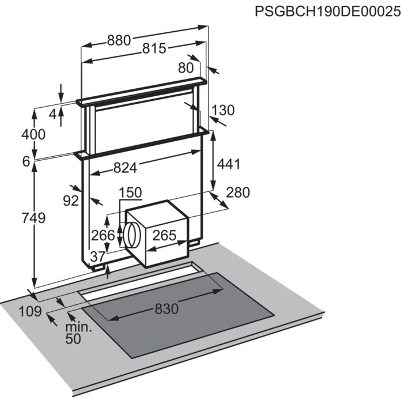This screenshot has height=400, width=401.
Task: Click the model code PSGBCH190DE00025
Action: (x=328, y=12)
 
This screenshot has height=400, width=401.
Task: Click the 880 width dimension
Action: (x=119, y=40)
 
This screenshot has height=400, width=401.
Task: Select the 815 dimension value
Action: (x=154, y=48)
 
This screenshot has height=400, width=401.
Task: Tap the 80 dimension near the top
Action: (x=186, y=68)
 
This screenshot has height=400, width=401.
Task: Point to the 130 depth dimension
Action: (x=223, y=110)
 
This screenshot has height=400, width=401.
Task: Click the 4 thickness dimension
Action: (x=52, y=114)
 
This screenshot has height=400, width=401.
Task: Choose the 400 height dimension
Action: (x=33, y=134)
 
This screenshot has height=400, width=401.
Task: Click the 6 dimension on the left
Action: (x=27, y=161)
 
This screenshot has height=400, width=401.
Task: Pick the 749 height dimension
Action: (x=33, y=218)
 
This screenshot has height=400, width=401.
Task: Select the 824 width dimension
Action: (x=126, y=168)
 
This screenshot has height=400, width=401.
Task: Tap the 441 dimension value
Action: (x=229, y=164)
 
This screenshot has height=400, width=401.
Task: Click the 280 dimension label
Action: (x=237, y=193)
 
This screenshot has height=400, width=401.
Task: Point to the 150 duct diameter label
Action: (x=130, y=193)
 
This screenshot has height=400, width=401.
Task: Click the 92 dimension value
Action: (x=71, y=201)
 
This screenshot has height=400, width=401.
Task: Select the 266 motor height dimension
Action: (x=103, y=235)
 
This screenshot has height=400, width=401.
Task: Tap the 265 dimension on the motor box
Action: (x=164, y=235)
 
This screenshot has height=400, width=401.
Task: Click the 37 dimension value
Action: (x=98, y=256)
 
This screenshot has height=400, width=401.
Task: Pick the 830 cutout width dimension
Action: (x=167, y=308)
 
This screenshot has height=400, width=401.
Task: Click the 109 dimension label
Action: (x=30, y=311)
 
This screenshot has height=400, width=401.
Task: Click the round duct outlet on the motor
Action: (x=131, y=235)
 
